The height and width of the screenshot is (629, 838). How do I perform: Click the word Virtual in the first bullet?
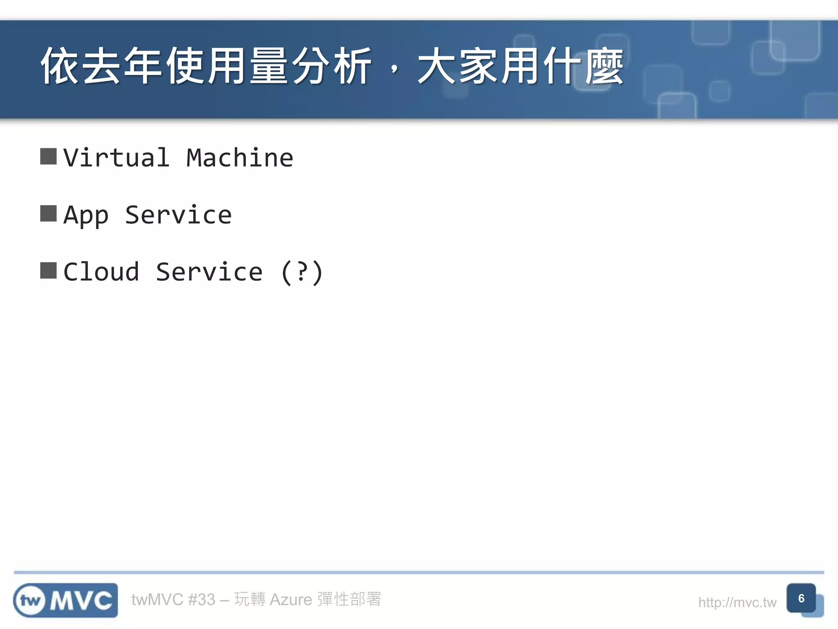pyautogui.click(x=117, y=158)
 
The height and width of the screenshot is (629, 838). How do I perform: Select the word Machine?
pyautogui.click(x=240, y=158)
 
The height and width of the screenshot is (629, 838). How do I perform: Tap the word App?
pyautogui.click(x=86, y=215)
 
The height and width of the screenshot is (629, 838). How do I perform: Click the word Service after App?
pyautogui.click(x=178, y=215)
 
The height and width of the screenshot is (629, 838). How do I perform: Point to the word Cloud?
pyautogui.click(x=101, y=272)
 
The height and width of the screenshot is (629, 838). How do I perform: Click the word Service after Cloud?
pyautogui.click(x=209, y=272)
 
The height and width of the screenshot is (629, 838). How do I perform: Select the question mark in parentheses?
pyautogui.click(x=302, y=272)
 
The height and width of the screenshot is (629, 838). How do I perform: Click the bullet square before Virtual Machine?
pyautogui.click(x=48, y=156)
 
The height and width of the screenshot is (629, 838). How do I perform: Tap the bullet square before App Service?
pyautogui.click(x=48, y=213)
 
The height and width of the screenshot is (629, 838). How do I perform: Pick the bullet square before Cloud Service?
pyautogui.click(x=48, y=270)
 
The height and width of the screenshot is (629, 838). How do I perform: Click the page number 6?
pyautogui.click(x=801, y=598)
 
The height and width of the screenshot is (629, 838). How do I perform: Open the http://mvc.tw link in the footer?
pyautogui.click(x=737, y=602)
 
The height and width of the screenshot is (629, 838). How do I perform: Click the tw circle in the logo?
pyautogui.click(x=30, y=601)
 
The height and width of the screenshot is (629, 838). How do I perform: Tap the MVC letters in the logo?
pyautogui.click(x=81, y=601)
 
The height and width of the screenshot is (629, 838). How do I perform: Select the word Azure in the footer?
pyautogui.click(x=291, y=600)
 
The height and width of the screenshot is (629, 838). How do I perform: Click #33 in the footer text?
pyautogui.click(x=201, y=600)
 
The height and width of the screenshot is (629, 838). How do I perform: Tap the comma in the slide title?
pyautogui.click(x=394, y=70)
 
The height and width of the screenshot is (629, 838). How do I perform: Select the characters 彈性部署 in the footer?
pyautogui.click(x=349, y=599)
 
